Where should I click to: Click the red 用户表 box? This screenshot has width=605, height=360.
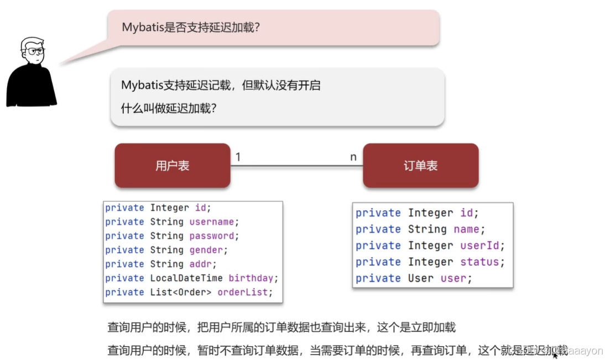point(172,165)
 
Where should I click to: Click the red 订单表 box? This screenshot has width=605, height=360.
point(420,165)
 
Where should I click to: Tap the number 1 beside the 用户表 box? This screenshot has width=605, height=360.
point(238,157)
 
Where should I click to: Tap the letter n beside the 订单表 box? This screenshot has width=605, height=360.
point(353,157)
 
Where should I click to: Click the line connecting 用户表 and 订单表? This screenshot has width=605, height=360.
point(296,165)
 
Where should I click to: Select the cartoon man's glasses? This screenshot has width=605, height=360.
point(34,51)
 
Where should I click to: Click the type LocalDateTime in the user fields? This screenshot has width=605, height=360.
point(187,278)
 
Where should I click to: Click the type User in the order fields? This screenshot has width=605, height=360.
point(421,278)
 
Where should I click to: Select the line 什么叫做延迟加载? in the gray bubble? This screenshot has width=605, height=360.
point(169,108)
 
